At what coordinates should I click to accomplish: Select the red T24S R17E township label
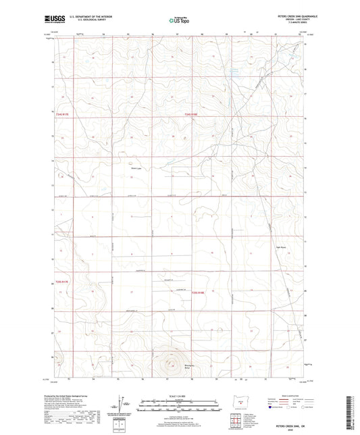point(62,116)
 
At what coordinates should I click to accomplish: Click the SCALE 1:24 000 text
point(179,396)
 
